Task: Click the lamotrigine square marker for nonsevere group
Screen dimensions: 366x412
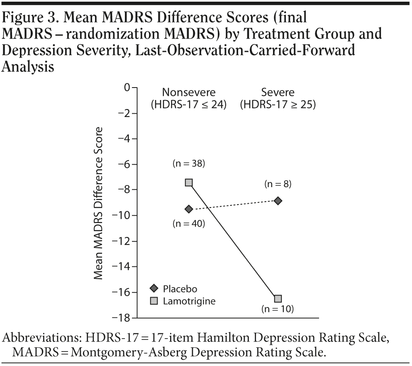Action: point(189,183)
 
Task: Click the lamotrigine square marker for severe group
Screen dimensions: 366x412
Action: point(278,298)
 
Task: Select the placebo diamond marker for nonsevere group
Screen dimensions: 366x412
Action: point(189,209)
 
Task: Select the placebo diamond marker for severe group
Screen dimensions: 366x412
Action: point(278,201)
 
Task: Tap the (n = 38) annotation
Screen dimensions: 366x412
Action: point(189,163)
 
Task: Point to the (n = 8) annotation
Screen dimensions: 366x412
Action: point(277,184)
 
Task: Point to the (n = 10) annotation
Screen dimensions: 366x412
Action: point(277,309)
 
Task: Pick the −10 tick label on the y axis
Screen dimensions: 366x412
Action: point(119,215)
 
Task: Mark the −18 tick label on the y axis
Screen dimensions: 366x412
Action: point(119,318)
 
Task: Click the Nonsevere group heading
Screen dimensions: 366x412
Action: point(189,92)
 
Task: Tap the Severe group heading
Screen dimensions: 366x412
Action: point(278,92)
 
